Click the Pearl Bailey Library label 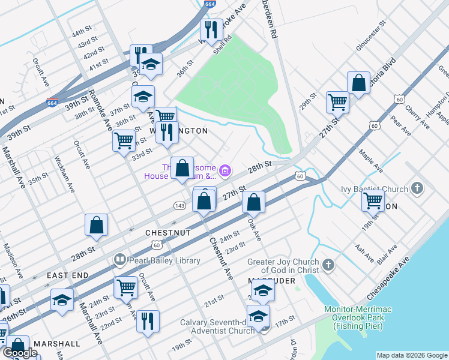pos(155,260)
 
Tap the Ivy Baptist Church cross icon pos(418,189)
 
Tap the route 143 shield pos(179,205)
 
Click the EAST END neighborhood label pos(68,275)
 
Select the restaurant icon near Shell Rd pos(211,29)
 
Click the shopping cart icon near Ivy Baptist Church pos(373,200)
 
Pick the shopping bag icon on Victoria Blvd pos(358,83)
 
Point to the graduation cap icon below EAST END pos(62,300)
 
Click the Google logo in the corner pos(20,353)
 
